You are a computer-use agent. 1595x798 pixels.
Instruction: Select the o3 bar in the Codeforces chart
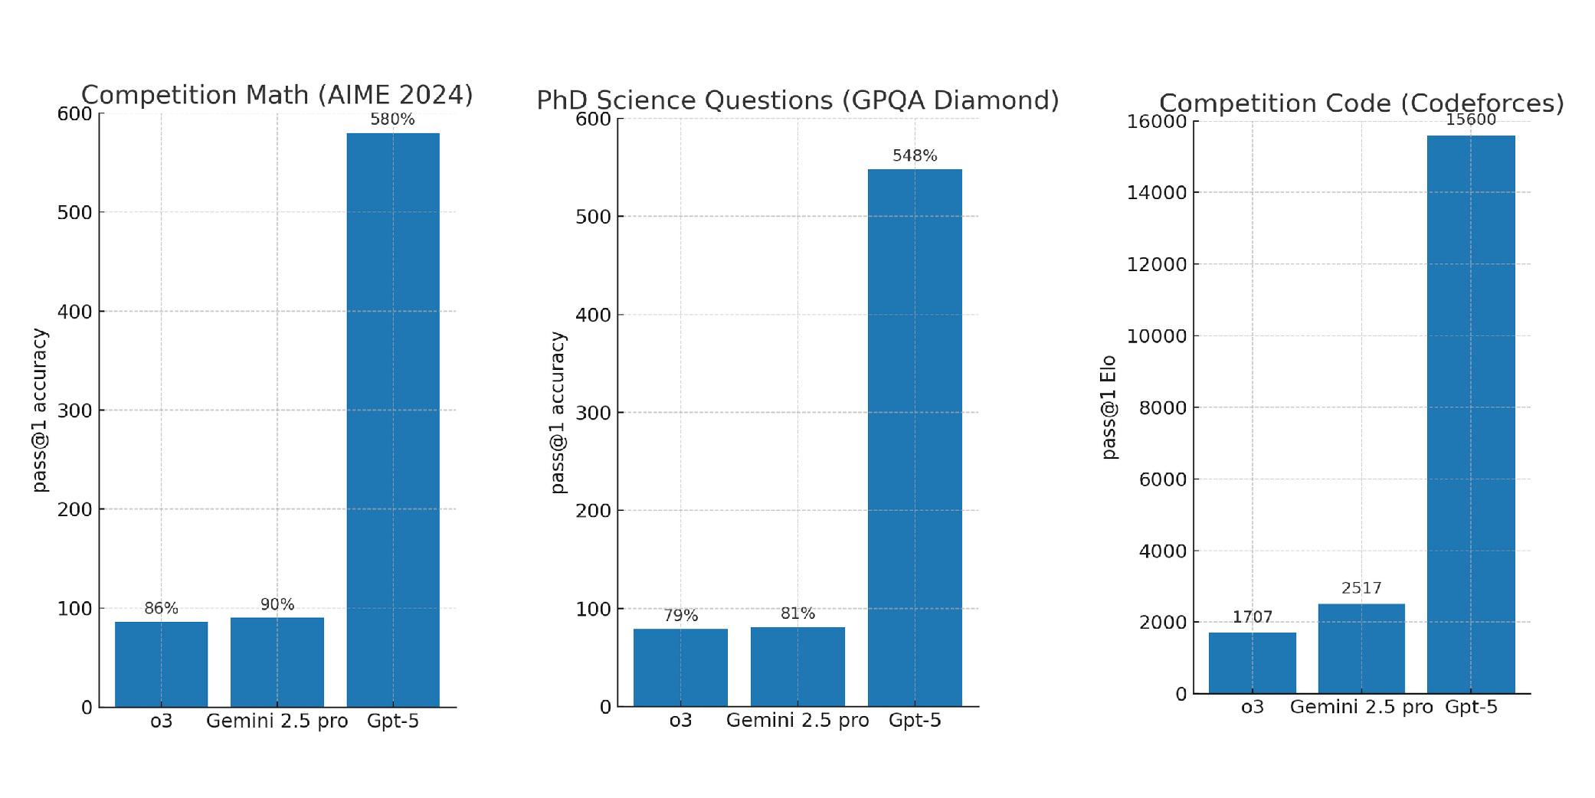point(1252,662)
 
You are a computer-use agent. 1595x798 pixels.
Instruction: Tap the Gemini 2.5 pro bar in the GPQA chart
point(797,666)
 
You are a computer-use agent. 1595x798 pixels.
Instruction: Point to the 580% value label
point(392,119)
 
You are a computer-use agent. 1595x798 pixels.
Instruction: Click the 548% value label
point(915,155)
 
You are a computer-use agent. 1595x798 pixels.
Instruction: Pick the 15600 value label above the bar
point(1470,119)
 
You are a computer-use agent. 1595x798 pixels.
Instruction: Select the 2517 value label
point(1361,588)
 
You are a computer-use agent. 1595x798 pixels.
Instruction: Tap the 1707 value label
point(1252,617)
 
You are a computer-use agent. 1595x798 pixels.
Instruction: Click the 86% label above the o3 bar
point(161,608)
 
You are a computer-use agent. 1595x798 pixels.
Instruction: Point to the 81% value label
point(797,613)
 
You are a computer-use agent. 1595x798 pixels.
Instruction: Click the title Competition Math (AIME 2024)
point(277,95)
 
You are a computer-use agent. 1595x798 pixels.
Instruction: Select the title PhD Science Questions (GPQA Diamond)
point(797,100)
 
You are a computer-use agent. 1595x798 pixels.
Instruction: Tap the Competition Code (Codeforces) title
point(1361,103)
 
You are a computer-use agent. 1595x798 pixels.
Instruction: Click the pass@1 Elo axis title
point(1109,407)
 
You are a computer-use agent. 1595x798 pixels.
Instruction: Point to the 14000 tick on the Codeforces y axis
point(1157,192)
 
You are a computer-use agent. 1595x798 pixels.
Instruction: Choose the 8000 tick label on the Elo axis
point(1162,407)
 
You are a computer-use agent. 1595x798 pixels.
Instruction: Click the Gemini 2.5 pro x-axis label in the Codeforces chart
point(1361,707)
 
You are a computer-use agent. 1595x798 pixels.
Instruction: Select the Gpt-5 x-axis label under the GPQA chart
point(915,721)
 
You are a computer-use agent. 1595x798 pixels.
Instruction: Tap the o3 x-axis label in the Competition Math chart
point(161,721)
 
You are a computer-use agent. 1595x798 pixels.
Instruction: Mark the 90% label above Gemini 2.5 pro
point(277,604)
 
